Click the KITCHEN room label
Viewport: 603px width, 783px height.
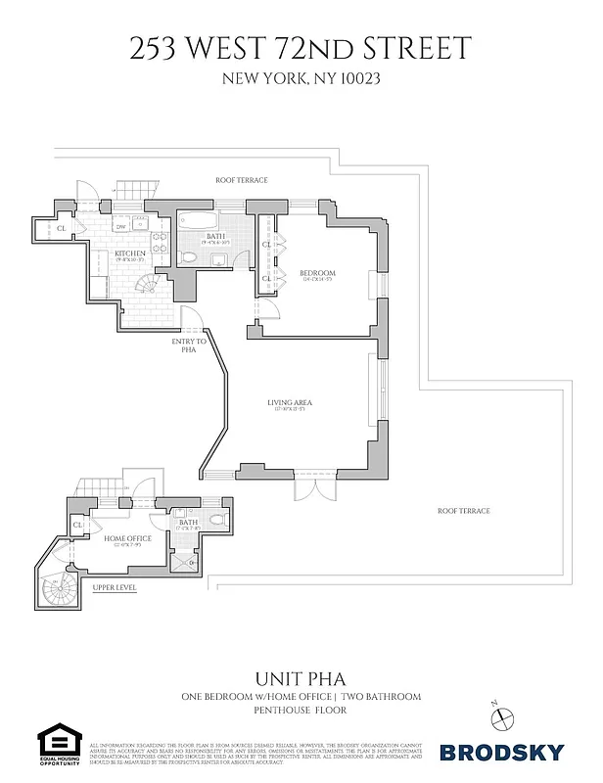click(x=129, y=254)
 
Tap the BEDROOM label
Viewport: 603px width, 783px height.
click(x=317, y=273)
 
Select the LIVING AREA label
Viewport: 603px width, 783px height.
click(x=289, y=403)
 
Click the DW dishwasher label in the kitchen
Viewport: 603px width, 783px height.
click(x=121, y=227)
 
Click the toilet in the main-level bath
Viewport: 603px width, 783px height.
click(x=190, y=257)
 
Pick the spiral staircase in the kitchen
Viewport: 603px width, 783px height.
click(x=149, y=285)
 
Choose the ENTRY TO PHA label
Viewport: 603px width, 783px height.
click(x=189, y=345)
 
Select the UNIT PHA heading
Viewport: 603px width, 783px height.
click(x=301, y=677)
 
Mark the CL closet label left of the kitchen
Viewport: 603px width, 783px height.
click(x=61, y=228)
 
